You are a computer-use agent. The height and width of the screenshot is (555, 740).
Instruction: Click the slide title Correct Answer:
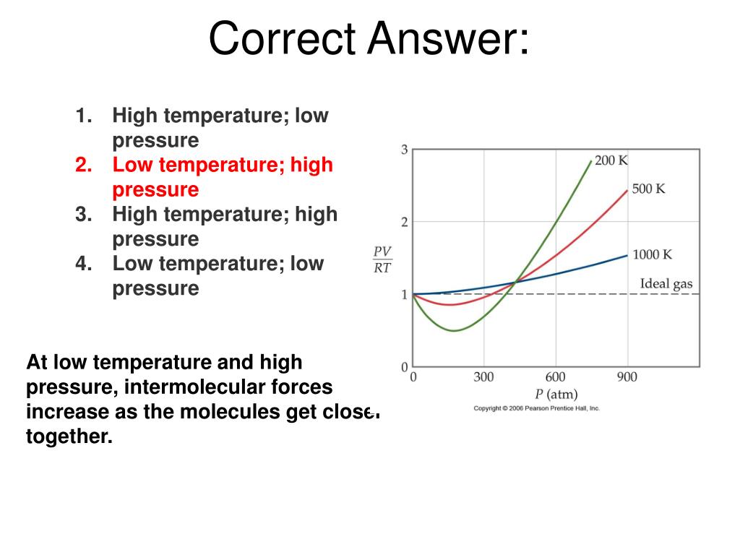pyautogui.click(x=369, y=39)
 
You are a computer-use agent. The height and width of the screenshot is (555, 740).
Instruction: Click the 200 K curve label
pyautogui.click(x=611, y=160)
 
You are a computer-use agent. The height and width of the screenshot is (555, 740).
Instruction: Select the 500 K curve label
pyautogui.click(x=648, y=189)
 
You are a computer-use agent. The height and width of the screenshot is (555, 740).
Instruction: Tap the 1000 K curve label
pyautogui.click(x=652, y=254)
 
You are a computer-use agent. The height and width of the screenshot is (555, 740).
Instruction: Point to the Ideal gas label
pyautogui.click(x=666, y=284)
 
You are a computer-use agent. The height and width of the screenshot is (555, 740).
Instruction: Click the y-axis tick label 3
pyautogui.click(x=405, y=150)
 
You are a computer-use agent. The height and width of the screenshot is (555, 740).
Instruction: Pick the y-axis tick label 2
pyautogui.click(x=405, y=222)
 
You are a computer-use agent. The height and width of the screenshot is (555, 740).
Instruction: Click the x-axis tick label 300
pyautogui.click(x=483, y=377)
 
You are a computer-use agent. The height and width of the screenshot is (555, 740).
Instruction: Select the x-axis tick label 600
pyautogui.click(x=555, y=377)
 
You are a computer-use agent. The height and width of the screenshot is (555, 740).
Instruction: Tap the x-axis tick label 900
pyautogui.click(x=627, y=377)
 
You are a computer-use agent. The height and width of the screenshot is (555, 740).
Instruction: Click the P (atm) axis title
pyautogui.click(x=556, y=395)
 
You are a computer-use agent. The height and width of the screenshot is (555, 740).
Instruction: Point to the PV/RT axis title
pyautogui.click(x=382, y=259)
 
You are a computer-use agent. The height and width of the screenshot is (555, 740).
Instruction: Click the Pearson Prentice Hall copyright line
pyautogui.click(x=536, y=408)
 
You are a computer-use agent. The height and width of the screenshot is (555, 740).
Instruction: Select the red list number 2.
pyautogui.click(x=83, y=165)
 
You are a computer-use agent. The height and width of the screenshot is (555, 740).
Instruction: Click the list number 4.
pyautogui.click(x=83, y=263)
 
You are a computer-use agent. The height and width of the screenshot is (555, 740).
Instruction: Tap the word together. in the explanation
pyautogui.click(x=69, y=436)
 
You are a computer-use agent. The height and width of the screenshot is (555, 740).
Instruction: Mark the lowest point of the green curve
pyautogui.click(x=454, y=331)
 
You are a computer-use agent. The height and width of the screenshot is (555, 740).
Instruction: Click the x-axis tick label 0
pyautogui.click(x=413, y=377)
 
